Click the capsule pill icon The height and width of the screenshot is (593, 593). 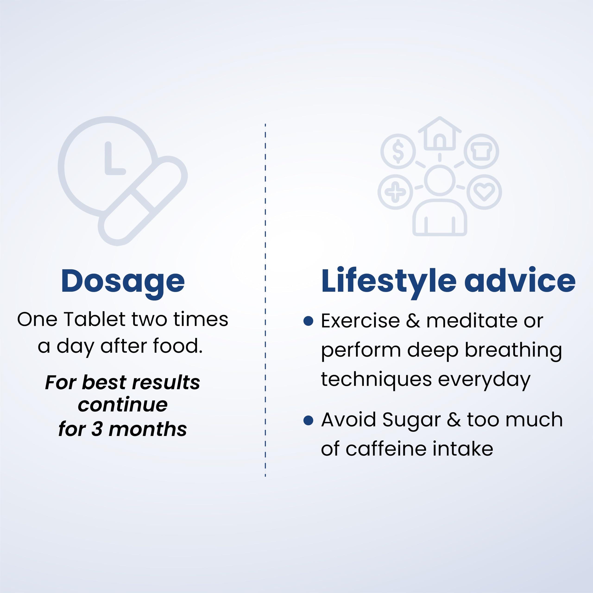coord(143,201)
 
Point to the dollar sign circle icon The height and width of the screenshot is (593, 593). coord(398,151)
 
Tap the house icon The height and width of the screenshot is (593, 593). coord(439,134)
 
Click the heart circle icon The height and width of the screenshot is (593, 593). coord(484,192)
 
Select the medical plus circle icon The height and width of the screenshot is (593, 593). coord(395,192)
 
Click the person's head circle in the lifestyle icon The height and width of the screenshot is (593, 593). coord(439,180)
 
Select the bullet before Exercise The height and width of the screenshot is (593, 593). coord(308,321)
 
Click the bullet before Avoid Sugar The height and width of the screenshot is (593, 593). coord(308,420)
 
